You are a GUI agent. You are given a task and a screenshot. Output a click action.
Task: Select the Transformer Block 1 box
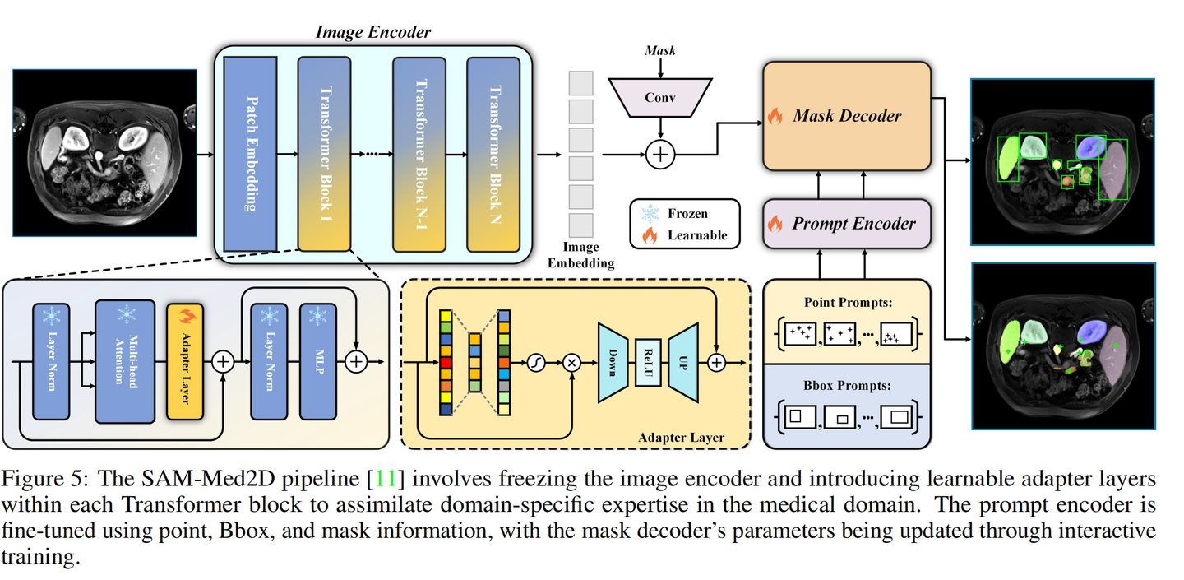click(x=324, y=153)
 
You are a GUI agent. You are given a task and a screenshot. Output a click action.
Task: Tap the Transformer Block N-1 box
click(x=419, y=153)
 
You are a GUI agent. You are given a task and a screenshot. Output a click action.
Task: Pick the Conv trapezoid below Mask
click(x=659, y=97)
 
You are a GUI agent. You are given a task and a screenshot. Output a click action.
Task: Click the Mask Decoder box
click(x=847, y=116)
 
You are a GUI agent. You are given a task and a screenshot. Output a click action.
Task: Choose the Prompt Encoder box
click(x=847, y=224)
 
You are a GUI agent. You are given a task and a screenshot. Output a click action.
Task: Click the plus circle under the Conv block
click(x=659, y=154)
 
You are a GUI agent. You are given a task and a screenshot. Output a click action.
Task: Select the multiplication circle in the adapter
click(x=571, y=363)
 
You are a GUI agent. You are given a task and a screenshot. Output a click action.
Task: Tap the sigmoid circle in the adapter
click(x=536, y=363)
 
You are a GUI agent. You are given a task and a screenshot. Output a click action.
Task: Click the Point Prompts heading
click(x=847, y=302)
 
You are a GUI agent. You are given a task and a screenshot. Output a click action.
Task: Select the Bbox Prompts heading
click(x=847, y=384)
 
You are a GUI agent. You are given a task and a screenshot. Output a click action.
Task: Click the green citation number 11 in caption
click(x=386, y=479)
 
